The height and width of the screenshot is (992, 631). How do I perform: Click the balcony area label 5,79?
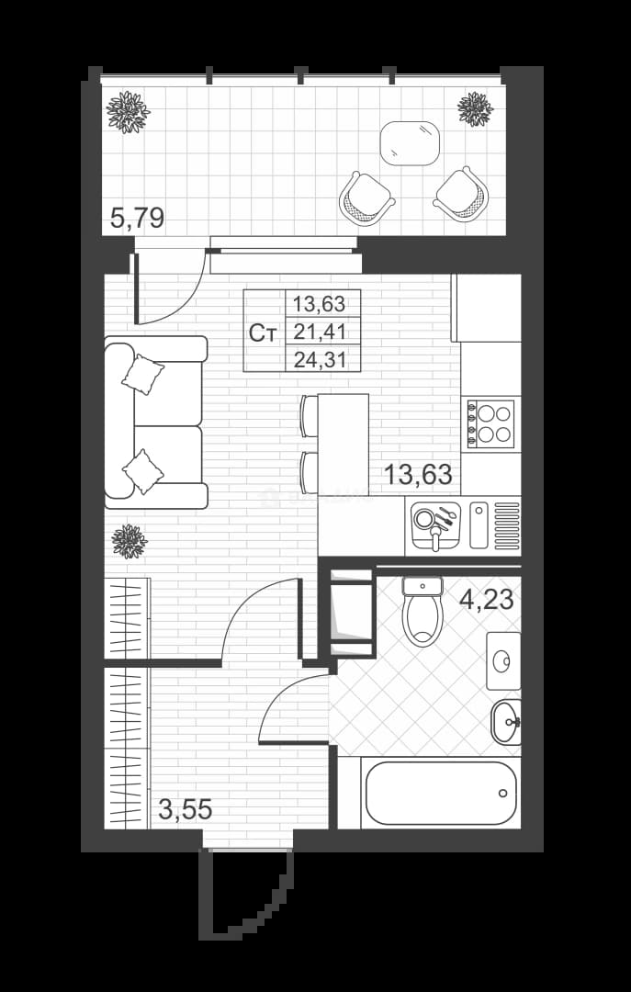(137, 219)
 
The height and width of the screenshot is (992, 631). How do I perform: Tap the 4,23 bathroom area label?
(486, 599)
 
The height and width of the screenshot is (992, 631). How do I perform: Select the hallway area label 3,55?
(185, 809)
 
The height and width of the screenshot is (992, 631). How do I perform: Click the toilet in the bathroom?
(423, 611)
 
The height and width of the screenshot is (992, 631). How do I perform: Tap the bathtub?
(441, 793)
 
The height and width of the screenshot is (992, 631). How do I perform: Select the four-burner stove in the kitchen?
(490, 423)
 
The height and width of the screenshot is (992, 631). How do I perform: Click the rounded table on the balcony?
(410, 143)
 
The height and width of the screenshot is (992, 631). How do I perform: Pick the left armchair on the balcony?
(366, 198)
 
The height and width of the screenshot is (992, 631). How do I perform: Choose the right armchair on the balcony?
(461, 194)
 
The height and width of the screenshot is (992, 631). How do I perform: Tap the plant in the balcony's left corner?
(128, 112)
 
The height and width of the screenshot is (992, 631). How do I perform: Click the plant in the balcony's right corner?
(475, 108)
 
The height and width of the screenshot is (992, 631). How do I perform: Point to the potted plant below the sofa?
(130, 541)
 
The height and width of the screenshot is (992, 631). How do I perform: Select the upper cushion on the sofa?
(143, 374)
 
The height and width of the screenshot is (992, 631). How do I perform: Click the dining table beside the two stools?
(343, 445)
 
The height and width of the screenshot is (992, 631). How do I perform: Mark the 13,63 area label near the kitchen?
(418, 474)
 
